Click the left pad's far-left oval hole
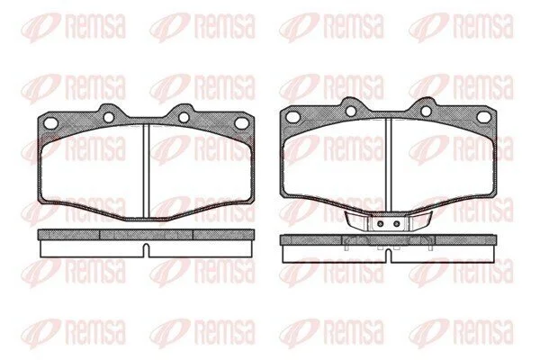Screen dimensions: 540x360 point(50,122)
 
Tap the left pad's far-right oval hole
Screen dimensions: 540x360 point(240,122)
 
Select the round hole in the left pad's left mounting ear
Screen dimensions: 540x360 point(109,118)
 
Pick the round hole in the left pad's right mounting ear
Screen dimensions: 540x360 point(184,118)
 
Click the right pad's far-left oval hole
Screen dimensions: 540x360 point(293,116)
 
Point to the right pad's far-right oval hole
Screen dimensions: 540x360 point(483,117)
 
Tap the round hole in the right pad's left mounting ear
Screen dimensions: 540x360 point(351,111)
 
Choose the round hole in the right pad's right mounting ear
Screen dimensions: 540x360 point(426,111)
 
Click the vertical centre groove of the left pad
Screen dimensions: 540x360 point(146,171)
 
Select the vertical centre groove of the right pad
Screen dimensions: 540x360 point(389,165)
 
